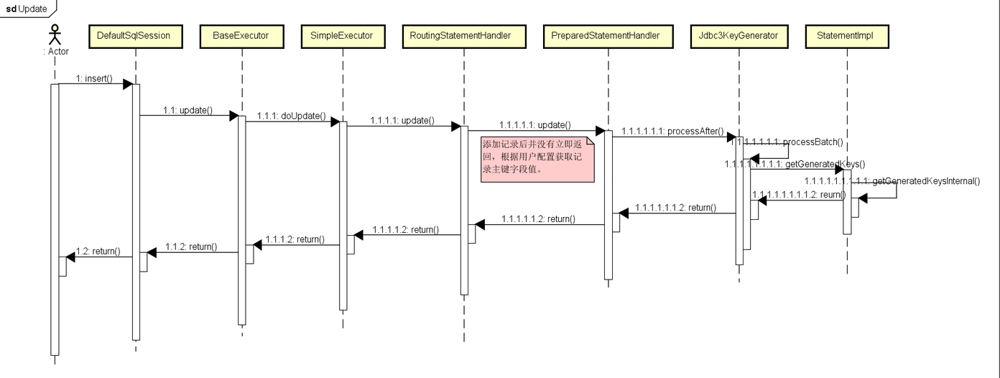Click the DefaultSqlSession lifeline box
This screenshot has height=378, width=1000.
point(134,36)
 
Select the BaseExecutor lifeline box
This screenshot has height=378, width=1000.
point(241,36)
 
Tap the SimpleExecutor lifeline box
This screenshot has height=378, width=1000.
point(342,36)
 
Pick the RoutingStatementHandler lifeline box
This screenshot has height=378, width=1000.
point(460,36)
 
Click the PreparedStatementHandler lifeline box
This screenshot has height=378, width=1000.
point(605,36)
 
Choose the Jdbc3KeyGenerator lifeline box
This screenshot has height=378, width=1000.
point(738,36)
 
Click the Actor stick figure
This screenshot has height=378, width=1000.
point(54,36)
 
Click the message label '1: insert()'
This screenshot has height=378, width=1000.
point(94,78)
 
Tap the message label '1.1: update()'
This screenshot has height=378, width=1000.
point(187,110)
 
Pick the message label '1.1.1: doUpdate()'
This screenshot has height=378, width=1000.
point(291,116)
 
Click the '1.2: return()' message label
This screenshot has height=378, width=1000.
point(98,251)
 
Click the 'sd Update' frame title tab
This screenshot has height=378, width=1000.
point(27,9)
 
